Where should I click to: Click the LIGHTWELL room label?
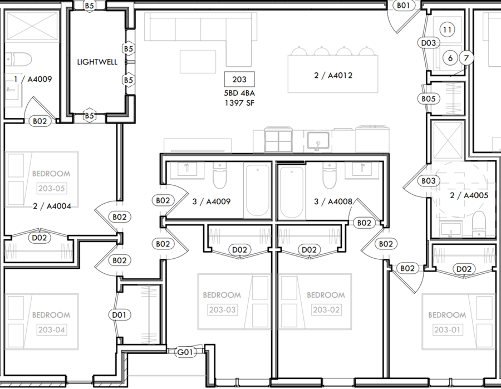pos(97,62)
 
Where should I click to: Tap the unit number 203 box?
pos(239,79)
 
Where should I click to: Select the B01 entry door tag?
pos(403,6)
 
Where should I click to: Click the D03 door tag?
pos(429,43)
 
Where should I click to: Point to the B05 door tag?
pos(429,99)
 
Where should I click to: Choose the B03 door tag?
pos(429,181)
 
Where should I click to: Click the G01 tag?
pos(185,352)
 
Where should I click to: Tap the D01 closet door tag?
pos(119,315)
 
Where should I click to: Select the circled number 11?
pos(447,29)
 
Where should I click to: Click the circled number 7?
pos(466,58)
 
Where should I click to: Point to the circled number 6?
pos(450,58)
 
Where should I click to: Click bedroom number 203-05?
pos(51,189)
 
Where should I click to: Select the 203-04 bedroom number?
pos(51,329)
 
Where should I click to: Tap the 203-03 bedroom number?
pos(222,309)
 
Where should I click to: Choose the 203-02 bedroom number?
pos(326,309)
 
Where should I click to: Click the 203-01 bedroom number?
pos(447,329)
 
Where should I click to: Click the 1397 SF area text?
pos(239,103)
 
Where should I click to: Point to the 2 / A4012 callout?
pos(333,75)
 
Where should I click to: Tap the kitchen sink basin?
pos(318,140)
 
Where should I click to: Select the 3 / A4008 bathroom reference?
pos(333,201)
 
